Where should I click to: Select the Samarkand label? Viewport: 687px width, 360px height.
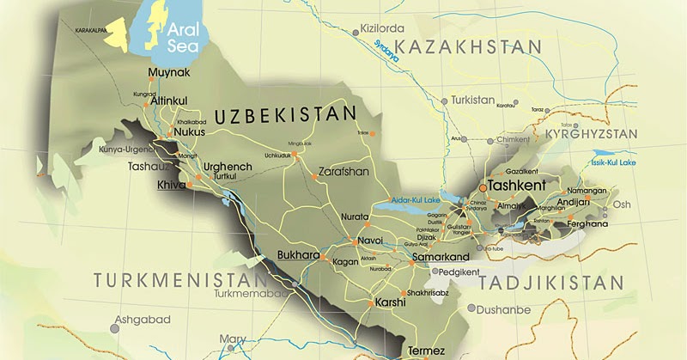pos(441,257)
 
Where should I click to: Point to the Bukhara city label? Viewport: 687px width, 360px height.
pos(299,255)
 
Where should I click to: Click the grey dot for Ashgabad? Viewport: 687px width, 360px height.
pos(114,326)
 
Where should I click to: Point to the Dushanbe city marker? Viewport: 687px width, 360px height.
pos(471,308)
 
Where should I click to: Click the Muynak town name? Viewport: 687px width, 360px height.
pos(167,72)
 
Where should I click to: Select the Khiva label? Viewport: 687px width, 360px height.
pos(172,184)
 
